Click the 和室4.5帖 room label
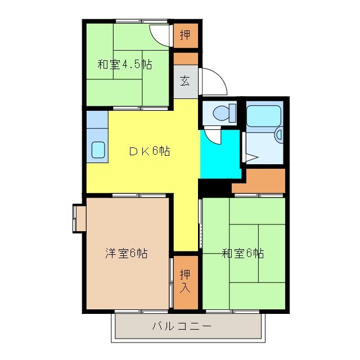pos(124,64)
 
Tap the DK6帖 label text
pos(149,151)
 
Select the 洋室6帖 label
pos(127,253)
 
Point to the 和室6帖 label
pos(242,253)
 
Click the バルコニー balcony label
pos(181,326)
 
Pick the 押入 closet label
pos(185,281)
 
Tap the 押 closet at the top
pos(185,35)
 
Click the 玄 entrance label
pos(185,80)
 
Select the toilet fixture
pos(223,112)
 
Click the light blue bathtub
pos(263,115)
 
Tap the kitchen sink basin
pos(98,150)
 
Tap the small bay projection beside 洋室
pos(78,218)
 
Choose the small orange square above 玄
pos(185,57)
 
